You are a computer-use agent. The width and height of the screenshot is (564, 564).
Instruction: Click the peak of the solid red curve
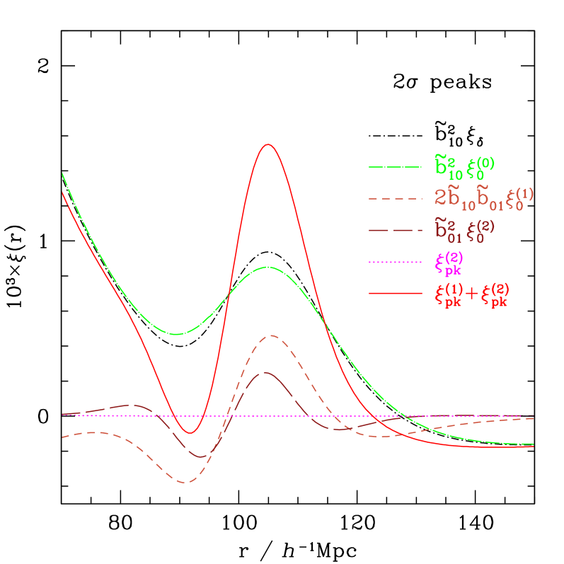click(267, 144)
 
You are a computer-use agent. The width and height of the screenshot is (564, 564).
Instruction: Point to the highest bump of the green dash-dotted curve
click(267, 267)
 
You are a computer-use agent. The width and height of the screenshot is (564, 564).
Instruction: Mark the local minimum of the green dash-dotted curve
click(177, 334)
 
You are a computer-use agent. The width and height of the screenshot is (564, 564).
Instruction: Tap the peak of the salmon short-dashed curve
click(270, 335)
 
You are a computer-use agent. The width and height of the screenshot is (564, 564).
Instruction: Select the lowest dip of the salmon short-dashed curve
click(186, 483)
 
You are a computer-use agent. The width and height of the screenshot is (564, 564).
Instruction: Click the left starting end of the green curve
click(63, 173)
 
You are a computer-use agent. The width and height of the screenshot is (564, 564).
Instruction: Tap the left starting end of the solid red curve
click(63, 192)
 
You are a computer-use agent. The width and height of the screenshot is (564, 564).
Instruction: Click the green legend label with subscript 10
click(464, 166)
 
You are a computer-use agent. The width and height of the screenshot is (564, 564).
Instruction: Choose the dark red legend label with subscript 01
click(464, 229)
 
